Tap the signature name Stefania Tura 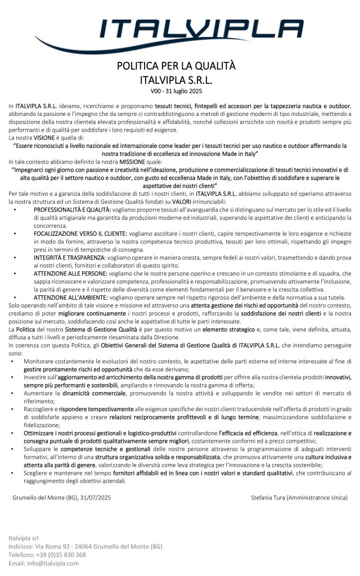click(272, 497)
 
